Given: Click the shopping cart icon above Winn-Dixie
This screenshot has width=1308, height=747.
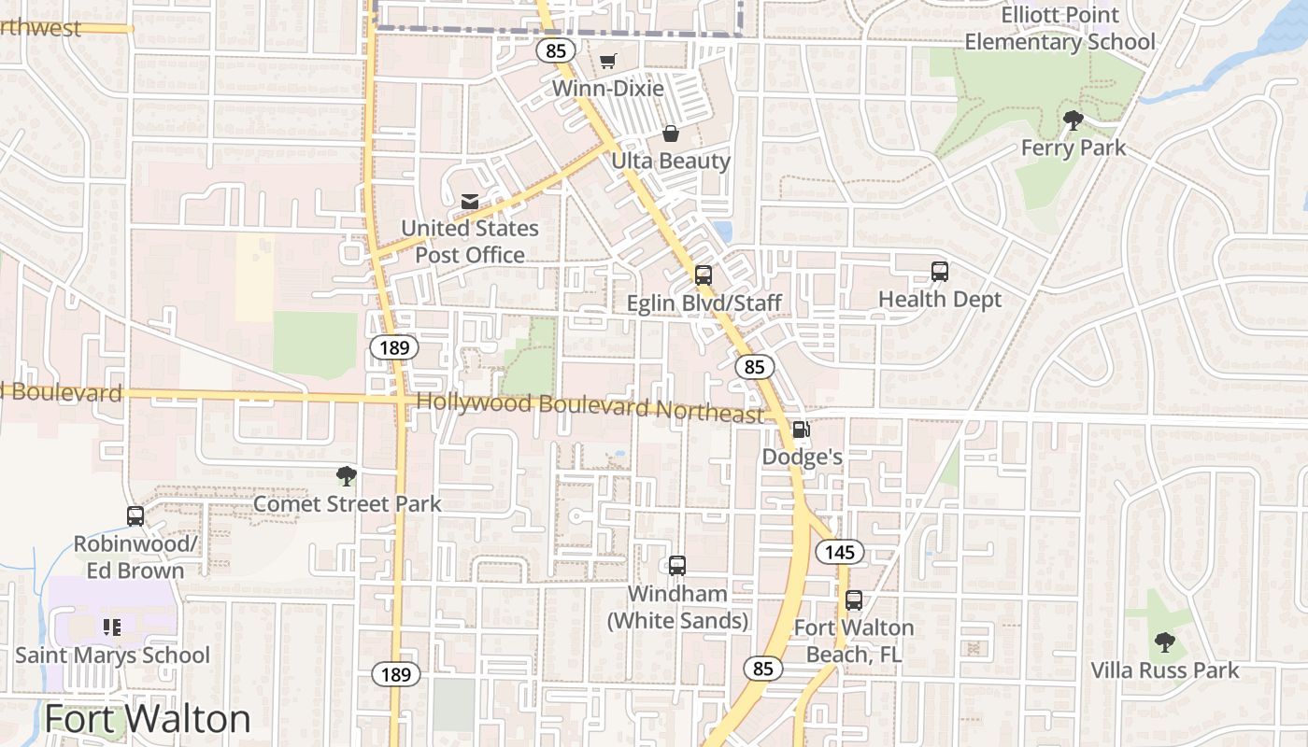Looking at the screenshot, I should coord(607,61).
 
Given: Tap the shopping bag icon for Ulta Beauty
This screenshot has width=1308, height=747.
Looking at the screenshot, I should coord(670,134).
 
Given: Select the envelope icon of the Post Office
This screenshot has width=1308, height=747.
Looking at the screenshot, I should coord(469,202).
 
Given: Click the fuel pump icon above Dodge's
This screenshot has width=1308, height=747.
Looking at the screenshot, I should coord(801,430).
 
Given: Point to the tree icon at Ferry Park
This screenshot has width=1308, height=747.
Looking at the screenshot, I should coord(1073,120).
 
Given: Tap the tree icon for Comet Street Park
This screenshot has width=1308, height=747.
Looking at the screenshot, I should coord(347,476).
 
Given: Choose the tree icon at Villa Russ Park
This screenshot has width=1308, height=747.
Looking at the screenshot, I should coord(1164,641).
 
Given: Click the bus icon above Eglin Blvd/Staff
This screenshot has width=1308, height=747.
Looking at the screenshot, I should coord(704,275).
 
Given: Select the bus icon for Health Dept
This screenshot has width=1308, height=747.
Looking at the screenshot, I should coord(940,272).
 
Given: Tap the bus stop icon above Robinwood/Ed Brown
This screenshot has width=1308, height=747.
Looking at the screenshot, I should coord(135,515).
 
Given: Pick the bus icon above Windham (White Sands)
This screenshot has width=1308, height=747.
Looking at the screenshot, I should coord(677,565).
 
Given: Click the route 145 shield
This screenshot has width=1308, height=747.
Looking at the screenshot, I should coord(840,552).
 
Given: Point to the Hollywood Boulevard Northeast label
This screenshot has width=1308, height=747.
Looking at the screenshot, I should coord(590,407).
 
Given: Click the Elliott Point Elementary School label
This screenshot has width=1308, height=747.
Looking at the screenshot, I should coord(1059,29).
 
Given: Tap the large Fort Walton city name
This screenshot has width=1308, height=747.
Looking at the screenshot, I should coord(148,719).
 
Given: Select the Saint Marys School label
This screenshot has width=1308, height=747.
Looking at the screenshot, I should coord(112,655).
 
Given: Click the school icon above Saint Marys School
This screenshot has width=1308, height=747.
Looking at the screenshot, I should coord(112,627).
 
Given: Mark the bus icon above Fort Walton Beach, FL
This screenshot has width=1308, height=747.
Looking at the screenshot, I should coord(854,600).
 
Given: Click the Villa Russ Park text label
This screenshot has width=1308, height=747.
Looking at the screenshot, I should coord(1165,670).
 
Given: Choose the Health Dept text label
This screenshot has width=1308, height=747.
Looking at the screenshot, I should coord(940,300).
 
